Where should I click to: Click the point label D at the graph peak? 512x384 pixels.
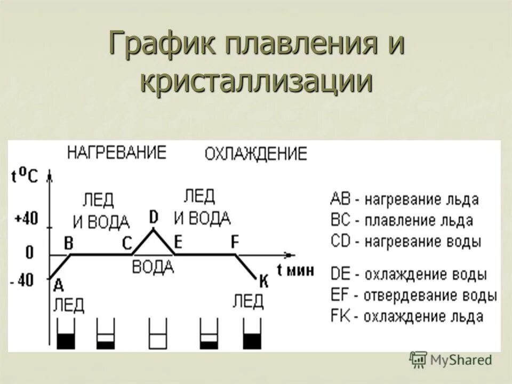154,218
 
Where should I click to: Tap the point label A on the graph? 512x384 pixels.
58,285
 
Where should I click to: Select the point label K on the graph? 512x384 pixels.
263,281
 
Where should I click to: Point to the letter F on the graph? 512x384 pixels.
235,242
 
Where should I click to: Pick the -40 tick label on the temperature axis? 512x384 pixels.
23,280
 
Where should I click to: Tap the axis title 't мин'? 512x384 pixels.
295,270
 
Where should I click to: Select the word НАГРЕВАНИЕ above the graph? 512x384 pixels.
116,152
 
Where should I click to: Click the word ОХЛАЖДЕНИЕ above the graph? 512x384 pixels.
256,154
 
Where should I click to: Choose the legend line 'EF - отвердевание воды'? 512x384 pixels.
413,295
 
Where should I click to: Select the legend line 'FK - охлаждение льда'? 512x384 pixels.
407,316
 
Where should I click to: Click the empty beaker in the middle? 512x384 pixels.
158,334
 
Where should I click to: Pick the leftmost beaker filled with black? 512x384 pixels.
66,334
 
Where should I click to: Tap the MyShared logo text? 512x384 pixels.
462,360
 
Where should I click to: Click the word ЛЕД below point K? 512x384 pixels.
248,302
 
